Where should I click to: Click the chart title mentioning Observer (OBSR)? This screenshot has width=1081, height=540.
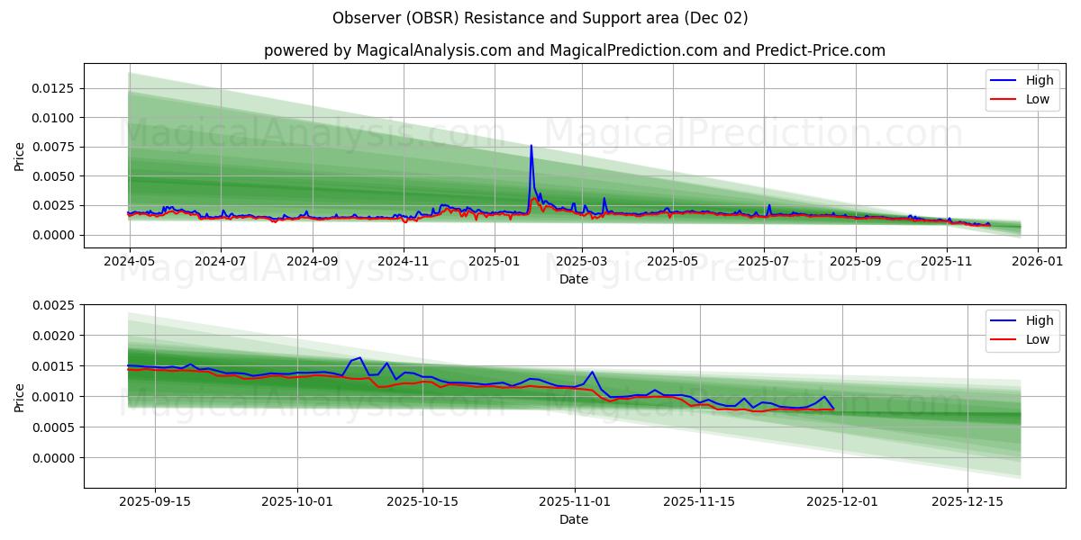(x=540, y=18)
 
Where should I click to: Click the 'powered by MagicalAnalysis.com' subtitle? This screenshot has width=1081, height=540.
(x=574, y=50)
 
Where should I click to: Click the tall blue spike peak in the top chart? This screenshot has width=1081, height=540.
(x=531, y=146)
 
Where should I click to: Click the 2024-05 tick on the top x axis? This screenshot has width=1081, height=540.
(x=130, y=261)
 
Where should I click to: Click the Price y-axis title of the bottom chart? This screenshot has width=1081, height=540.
(x=20, y=397)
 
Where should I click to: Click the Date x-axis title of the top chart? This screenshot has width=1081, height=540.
(x=574, y=279)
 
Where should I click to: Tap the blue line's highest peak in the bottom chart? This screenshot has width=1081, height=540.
(x=361, y=357)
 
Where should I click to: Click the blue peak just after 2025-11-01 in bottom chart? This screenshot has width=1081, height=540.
(x=592, y=372)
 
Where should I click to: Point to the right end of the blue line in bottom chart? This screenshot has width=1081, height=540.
(x=833, y=409)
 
